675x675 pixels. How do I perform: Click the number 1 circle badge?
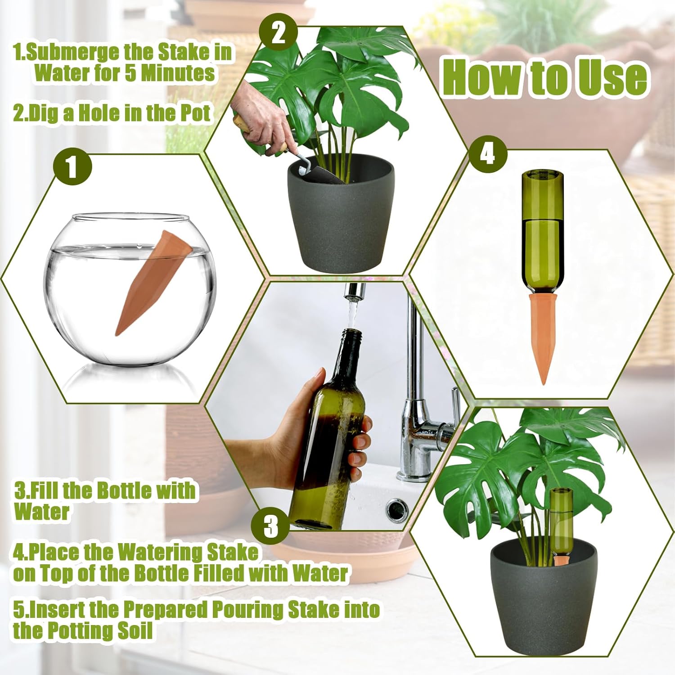(72, 166)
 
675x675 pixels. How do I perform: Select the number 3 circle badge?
(271, 525)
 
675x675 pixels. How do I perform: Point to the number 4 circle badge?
(488, 154)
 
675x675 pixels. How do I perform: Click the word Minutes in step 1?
(178, 73)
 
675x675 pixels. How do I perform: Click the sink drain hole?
(396, 508)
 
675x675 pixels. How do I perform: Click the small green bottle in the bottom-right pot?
(561, 522)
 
